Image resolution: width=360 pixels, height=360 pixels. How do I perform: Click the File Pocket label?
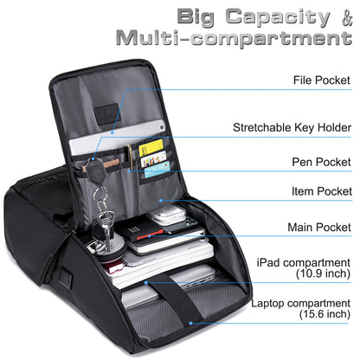(322, 80)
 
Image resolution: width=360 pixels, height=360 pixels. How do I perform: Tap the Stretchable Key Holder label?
(292, 127)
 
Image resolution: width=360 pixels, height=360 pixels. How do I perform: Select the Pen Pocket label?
(321, 162)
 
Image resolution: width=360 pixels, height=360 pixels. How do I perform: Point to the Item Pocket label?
(322, 191)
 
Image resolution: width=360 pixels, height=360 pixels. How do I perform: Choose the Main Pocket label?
(319, 228)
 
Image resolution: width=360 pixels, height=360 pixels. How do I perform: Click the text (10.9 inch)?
(323, 273)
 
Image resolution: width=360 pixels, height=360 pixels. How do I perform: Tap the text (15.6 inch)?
(325, 314)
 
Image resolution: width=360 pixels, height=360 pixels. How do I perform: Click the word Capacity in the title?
(278, 17)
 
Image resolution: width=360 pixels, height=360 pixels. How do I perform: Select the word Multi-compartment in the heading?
(234, 38)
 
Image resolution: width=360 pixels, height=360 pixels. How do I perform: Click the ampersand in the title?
(347, 18)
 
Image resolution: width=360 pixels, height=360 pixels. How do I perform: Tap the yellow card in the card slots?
(151, 147)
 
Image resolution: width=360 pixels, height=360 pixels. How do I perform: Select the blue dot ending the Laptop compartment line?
(190, 323)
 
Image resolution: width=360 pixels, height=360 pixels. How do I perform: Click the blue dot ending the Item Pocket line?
(161, 200)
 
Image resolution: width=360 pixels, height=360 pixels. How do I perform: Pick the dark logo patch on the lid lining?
(107, 113)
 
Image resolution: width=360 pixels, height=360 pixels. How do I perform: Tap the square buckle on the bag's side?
(66, 277)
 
